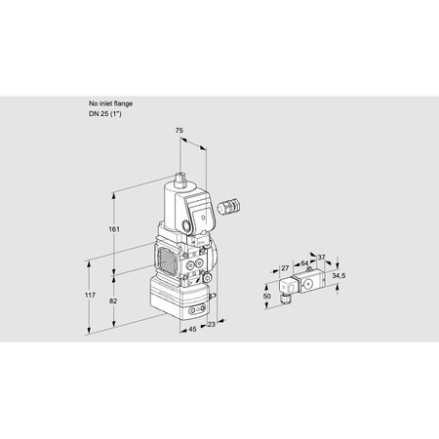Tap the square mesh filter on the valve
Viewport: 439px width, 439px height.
166,261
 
